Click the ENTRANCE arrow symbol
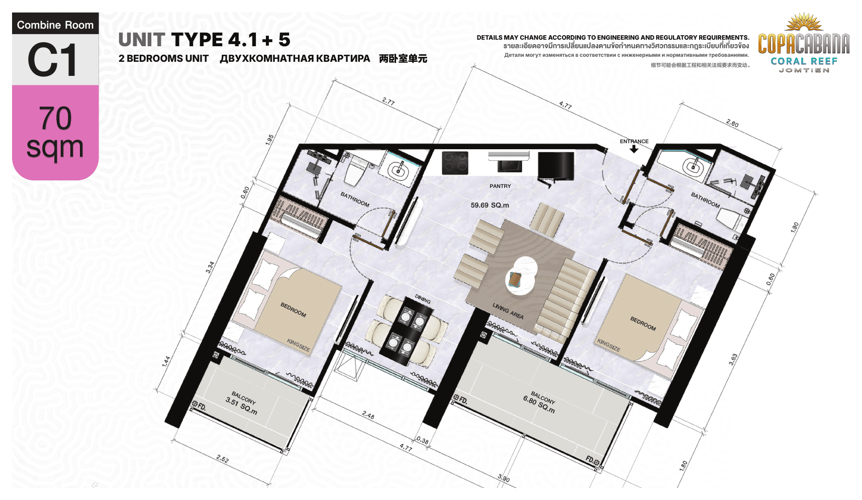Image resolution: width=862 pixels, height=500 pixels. (634, 149)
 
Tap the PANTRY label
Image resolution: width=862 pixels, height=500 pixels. (500, 186)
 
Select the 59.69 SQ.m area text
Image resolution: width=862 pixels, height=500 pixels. (490, 205)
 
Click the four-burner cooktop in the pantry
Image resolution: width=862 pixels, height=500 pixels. (455, 163)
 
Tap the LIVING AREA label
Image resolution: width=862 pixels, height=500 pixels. (508, 311)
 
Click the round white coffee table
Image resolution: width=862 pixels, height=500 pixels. (521, 276)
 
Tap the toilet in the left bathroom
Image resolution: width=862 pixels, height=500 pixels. (356, 170)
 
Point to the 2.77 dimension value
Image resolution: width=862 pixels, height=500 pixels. (388, 101)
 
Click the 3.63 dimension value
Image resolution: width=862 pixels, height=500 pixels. (733, 359)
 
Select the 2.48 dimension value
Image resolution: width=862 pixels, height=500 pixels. (368, 415)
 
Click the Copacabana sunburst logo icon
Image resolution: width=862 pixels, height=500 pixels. (804, 22)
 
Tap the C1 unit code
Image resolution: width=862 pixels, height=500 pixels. (53, 60)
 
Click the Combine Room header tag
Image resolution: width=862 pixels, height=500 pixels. (55, 25)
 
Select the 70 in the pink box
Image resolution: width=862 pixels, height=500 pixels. (55, 118)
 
